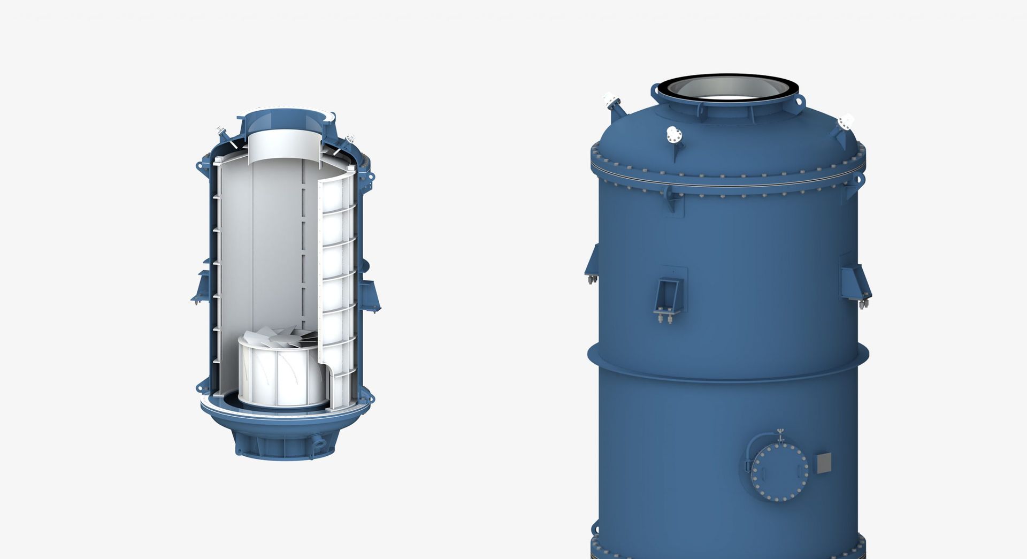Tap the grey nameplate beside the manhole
click(824, 463)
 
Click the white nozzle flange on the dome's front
click(672, 133)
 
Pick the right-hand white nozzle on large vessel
click(846, 122)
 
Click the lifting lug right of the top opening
click(799, 101)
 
